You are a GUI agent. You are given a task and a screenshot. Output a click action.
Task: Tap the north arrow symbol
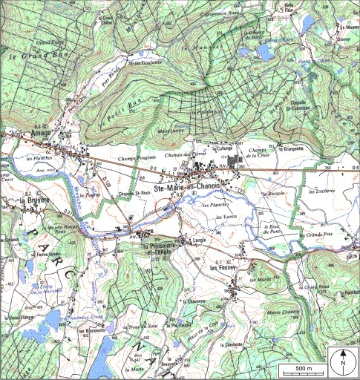[344, 363]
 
